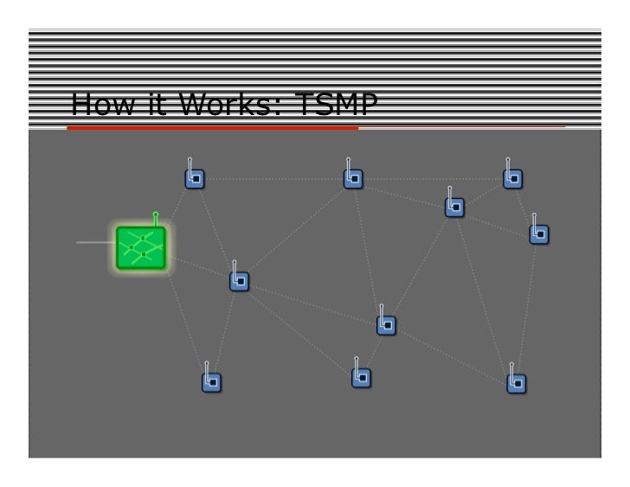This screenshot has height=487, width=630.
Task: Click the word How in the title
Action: [x=96, y=104]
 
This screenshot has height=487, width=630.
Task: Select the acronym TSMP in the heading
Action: [x=336, y=104]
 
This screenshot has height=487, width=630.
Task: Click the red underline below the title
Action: [x=212, y=128]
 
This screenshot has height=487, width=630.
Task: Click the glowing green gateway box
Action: [x=141, y=247]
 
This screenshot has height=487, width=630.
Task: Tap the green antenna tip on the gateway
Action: [x=156, y=214]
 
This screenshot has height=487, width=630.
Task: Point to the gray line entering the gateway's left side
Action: [x=95, y=242]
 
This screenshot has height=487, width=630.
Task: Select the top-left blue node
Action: [x=195, y=178]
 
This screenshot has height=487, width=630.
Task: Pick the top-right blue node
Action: [x=513, y=178]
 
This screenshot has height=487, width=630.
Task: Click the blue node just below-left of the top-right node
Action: [x=454, y=207]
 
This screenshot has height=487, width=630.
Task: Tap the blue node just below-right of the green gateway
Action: [x=240, y=281]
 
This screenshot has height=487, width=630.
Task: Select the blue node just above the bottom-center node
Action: [x=387, y=325]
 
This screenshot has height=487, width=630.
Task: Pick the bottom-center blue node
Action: [x=362, y=377]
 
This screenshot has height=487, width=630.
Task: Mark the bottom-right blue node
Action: [x=517, y=382]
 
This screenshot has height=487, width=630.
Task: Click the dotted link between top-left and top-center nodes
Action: [x=273, y=179]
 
